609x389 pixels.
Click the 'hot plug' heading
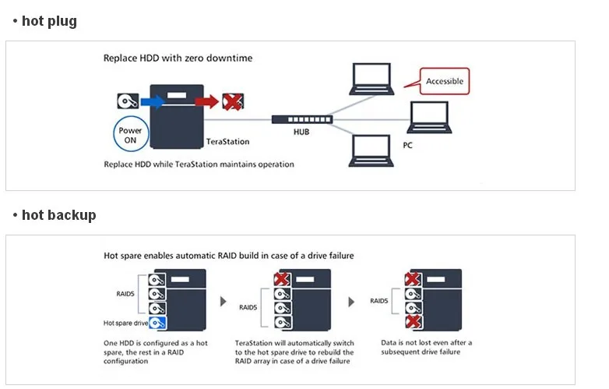pyautogui.click(x=49, y=21)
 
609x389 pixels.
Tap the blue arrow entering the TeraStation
pyautogui.click(x=153, y=102)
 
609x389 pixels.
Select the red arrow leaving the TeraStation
pyautogui.click(x=206, y=101)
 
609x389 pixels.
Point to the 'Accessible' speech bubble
pyautogui.click(x=445, y=81)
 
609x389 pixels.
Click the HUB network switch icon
pyautogui.click(x=302, y=119)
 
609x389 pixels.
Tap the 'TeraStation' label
pyautogui.click(x=227, y=141)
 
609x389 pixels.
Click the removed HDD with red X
pyautogui.click(x=233, y=102)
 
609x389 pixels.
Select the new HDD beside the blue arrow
pyautogui.click(x=128, y=101)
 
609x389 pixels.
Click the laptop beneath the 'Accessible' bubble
pyautogui.click(x=429, y=118)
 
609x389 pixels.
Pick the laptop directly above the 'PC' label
pyautogui.click(x=429, y=118)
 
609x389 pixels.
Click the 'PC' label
pyautogui.click(x=407, y=145)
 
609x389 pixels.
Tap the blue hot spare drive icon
pyautogui.click(x=157, y=323)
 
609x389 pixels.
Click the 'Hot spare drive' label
pyautogui.click(x=125, y=323)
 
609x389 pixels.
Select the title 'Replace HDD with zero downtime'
pyautogui.click(x=178, y=58)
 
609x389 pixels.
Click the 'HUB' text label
pyautogui.click(x=301, y=132)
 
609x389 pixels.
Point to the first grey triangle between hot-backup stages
pyautogui.click(x=223, y=302)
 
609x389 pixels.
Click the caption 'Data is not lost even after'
pyautogui.click(x=427, y=343)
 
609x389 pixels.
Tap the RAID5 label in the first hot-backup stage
pyautogui.click(x=125, y=294)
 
